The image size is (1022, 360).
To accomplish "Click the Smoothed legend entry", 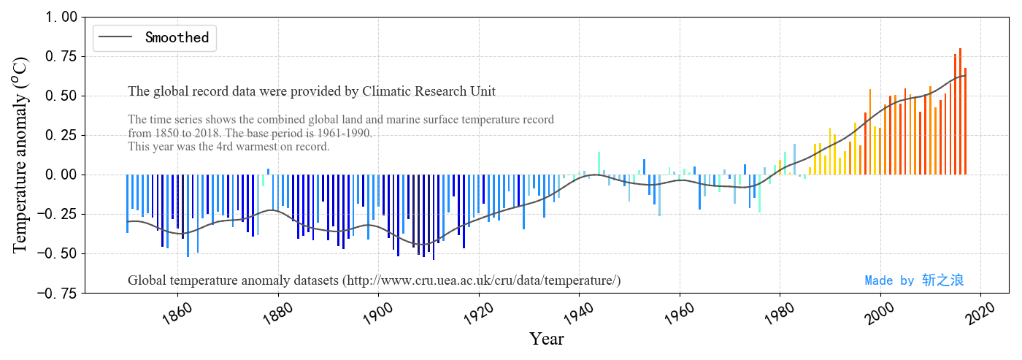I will point(177,37).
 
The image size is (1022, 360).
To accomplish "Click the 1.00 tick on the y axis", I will point(58,17).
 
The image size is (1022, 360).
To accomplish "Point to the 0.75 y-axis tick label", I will point(58,56).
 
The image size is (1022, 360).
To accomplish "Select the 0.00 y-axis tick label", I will point(58,175).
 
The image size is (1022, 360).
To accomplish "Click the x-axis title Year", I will point(546,340).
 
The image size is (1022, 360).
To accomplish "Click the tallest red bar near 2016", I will point(960,110).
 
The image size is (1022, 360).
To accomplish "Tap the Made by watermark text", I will point(914,280).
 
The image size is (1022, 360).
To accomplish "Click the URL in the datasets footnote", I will point(483,280).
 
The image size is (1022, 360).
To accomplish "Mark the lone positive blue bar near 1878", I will point(268,172).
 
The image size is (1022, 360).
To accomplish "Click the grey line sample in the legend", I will point(116,37).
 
